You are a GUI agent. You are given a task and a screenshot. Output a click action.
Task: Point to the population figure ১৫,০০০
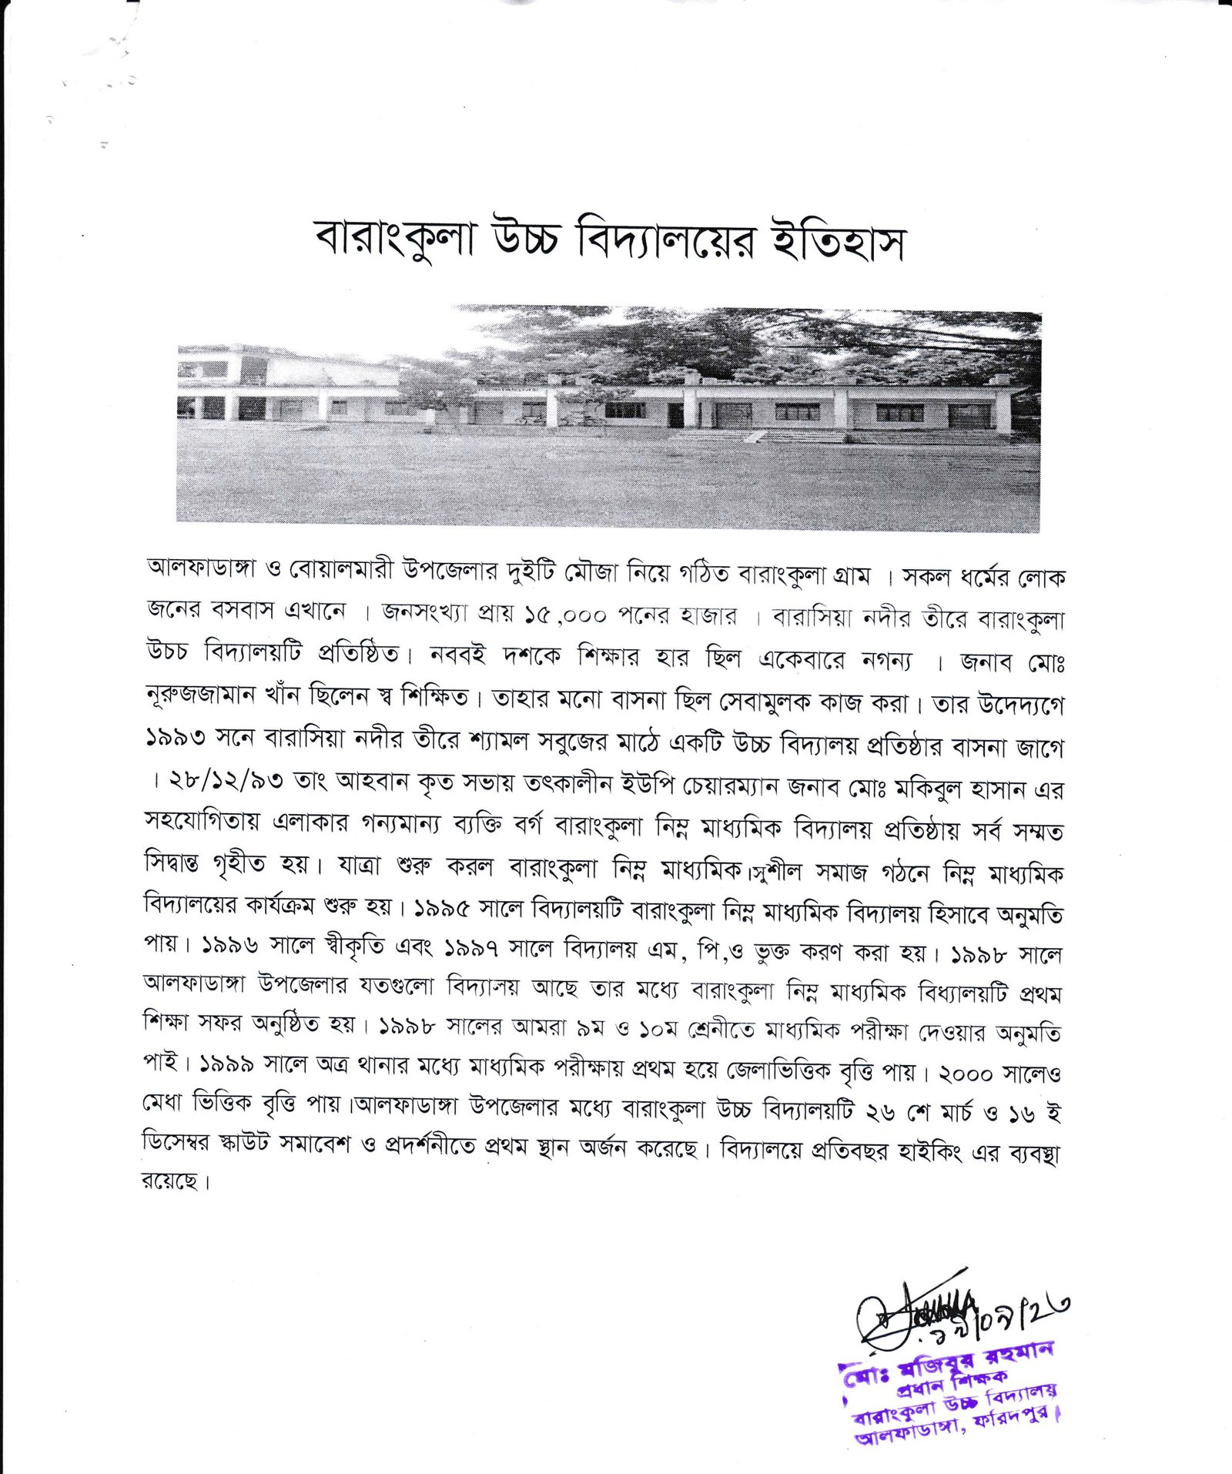pyautogui.click(x=565, y=615)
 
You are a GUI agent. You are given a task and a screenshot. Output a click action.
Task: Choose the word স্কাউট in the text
pyautogui.click(x=242, y=1146)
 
